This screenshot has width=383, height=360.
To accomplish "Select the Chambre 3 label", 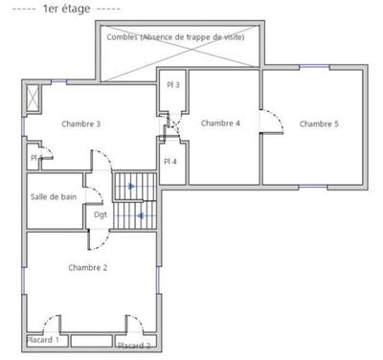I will [x=81, y=124].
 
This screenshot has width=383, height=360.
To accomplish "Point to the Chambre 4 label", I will [x=220, y=123].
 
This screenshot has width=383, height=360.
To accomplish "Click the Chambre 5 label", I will [x=319, y=124].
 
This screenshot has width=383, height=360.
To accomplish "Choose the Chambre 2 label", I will [x=87, y=267].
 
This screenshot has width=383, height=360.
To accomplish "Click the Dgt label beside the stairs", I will [x=101, y=214].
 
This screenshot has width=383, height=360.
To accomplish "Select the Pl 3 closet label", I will [x=171, y=85].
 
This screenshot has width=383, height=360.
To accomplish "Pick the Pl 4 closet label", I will [x=170, y=161].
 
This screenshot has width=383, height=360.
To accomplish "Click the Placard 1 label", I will [x=43, y=340].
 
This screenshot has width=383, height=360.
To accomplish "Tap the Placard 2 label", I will [x=134, y=345].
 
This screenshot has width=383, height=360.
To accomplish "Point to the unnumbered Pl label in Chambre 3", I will [x=34, y=158].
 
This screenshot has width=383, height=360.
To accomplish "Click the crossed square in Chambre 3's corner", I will [x=34, y=98].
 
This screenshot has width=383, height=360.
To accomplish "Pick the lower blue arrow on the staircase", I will [x=141, y=215].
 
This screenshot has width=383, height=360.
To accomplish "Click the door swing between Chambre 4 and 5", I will [x=274, y=124].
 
